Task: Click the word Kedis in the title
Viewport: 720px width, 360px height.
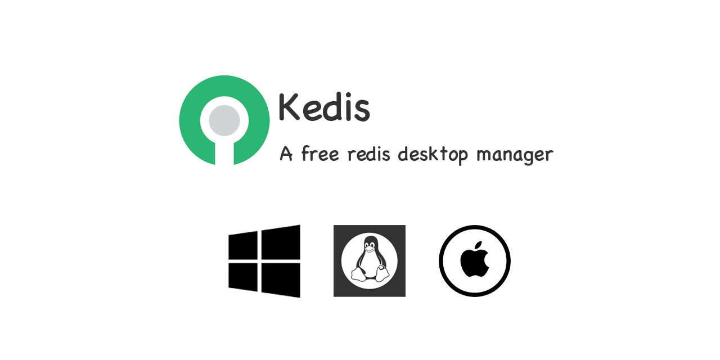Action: tap(325, 107)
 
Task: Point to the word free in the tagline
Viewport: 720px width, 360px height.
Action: tap(320, 154)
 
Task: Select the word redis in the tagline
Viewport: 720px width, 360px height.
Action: tap(369, 154)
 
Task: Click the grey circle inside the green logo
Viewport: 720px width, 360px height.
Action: tap(224, 120)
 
